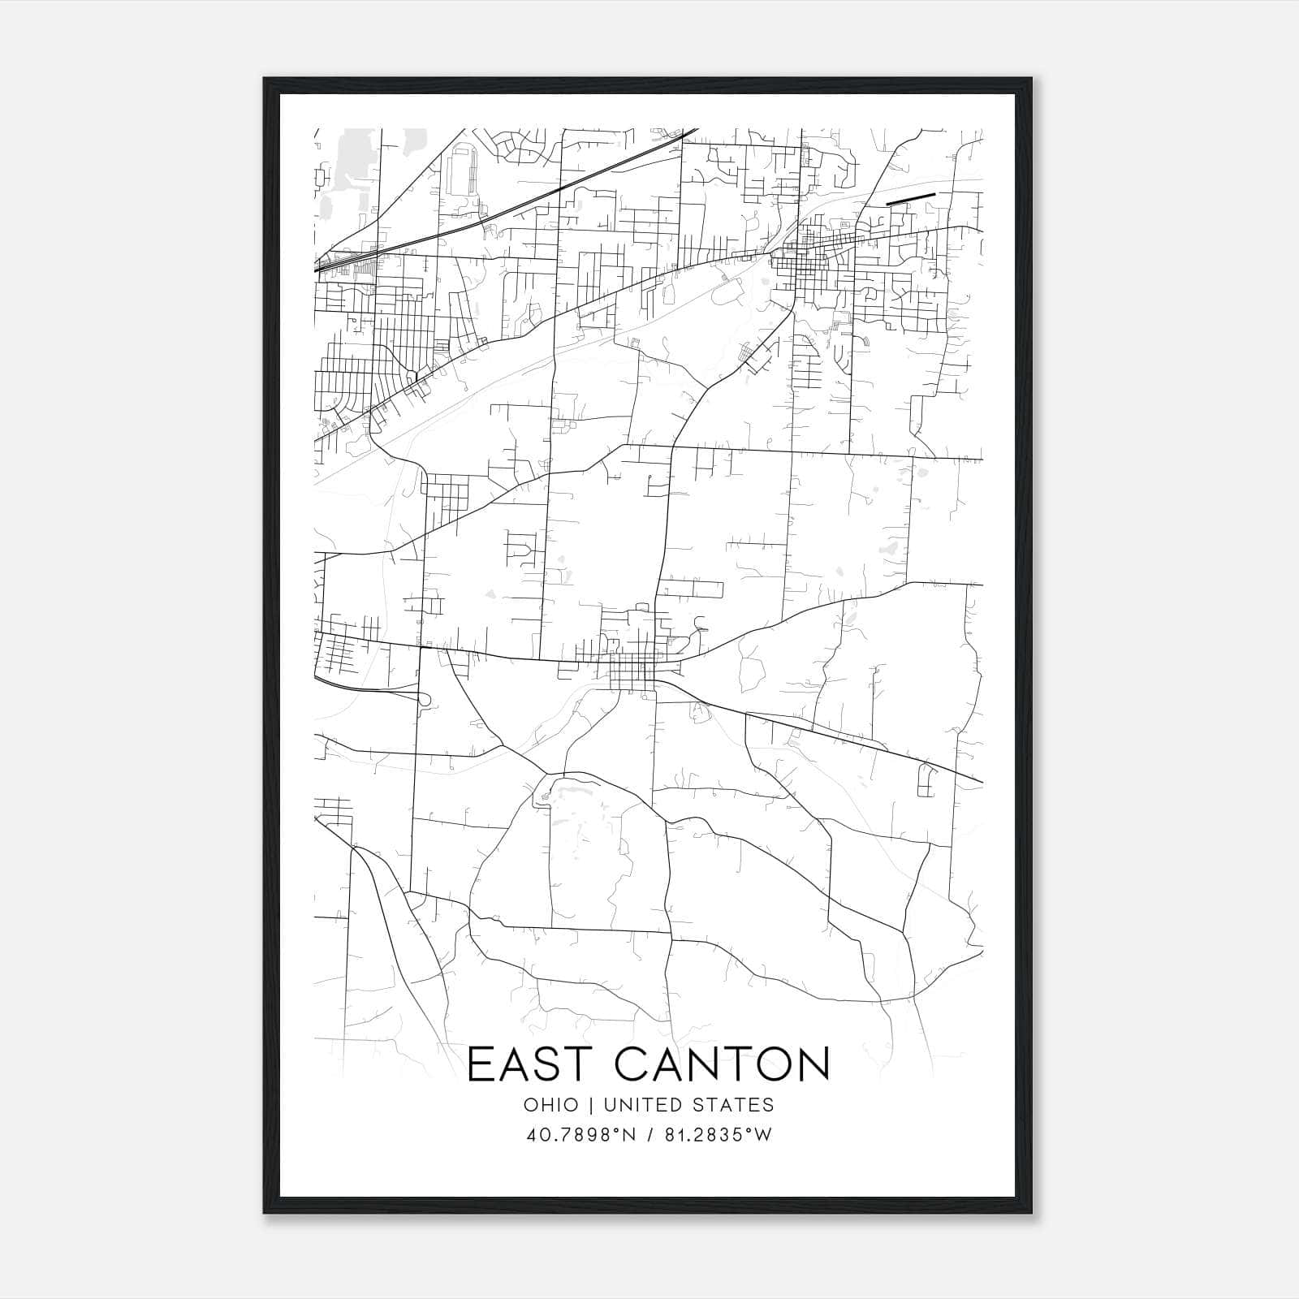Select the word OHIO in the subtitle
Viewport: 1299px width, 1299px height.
[551, 1105]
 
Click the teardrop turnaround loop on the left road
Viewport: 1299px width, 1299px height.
[423, 698]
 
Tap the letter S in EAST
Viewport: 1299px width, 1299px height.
[555, 1064]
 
